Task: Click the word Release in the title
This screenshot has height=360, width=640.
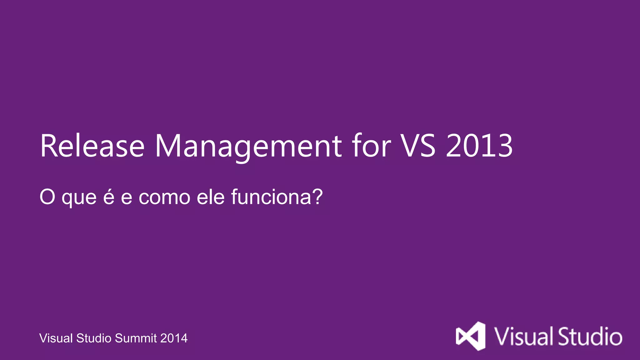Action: tap(92, 146)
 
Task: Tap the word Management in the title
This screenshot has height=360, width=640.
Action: tap(248, 146)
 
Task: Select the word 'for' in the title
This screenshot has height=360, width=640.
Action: tap(371, 146)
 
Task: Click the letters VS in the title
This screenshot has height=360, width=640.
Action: tap(418, 146)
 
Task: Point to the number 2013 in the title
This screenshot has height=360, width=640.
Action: tap(479, 146)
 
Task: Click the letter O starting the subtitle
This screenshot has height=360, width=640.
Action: tap(47, 197)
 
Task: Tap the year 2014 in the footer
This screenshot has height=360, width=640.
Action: tap(174, 338)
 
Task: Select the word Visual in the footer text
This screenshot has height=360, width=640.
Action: tap(56, 338)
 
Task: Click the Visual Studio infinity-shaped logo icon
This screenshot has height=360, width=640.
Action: tap(471, 336)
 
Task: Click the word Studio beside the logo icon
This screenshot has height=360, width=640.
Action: tap(590, 337)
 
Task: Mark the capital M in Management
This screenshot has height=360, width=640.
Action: tap(168, 146)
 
